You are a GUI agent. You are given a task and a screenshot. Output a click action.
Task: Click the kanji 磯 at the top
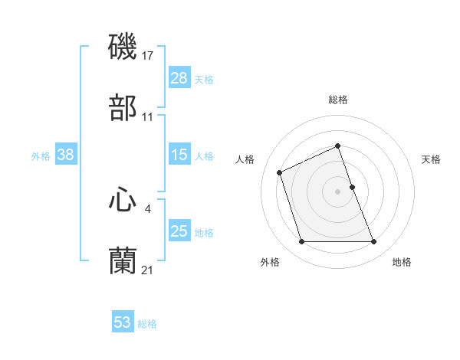(123, 47)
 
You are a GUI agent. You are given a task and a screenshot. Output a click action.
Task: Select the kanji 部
(123, 107)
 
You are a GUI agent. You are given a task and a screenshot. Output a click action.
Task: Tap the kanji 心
(123, 200)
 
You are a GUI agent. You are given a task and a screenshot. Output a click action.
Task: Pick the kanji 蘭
(123, 260)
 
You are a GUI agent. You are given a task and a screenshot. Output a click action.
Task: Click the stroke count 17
(149, 56)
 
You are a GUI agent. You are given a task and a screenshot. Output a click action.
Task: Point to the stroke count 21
(148, 270)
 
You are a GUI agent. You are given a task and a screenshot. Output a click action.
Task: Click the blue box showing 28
(179, 78)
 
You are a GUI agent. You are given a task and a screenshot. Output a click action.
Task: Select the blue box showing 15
(179, 155)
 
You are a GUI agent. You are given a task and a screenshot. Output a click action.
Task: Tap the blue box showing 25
(179, 231)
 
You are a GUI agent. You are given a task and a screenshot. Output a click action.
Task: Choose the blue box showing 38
(65, 155)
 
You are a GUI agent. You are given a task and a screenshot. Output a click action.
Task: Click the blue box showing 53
(122, 322)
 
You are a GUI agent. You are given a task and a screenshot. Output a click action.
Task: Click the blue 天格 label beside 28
(204, 79)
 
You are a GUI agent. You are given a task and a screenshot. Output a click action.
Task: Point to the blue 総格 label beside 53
(147, 324)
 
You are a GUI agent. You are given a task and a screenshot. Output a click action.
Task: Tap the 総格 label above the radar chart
(338, 100)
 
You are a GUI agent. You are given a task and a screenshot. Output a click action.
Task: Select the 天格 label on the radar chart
(431, 159)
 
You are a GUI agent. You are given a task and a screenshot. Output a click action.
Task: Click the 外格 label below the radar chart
(270, 262)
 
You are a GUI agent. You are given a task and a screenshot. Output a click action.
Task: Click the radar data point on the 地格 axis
(374, 242)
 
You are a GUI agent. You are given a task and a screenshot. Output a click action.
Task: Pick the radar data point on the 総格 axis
(338, 146)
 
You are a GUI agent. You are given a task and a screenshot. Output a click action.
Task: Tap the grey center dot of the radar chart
(338, 191)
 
